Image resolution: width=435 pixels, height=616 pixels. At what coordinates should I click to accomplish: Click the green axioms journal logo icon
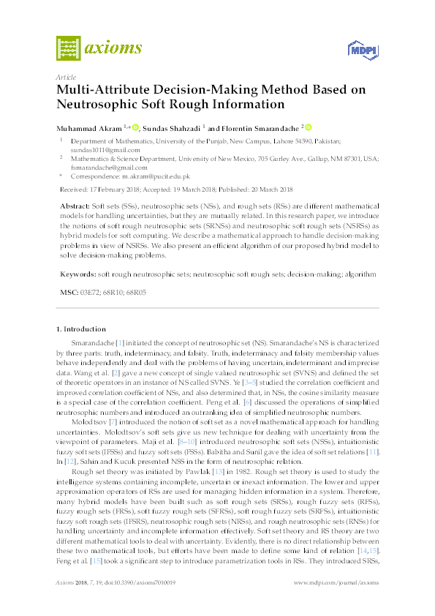click(69, 50)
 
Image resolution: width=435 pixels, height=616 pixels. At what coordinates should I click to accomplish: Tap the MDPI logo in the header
click(363, 50)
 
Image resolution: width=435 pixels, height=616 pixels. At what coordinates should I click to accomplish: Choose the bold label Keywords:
click(77, 274)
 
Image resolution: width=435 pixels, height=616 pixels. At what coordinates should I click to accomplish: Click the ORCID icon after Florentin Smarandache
click(309, 127)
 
